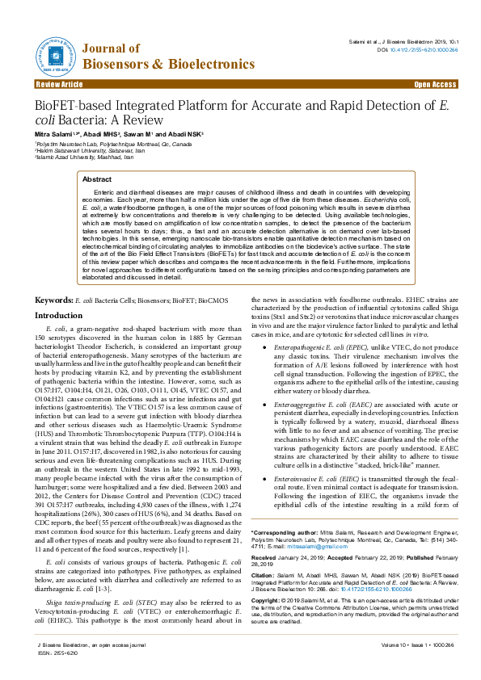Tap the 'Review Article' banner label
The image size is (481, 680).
pos(59,84)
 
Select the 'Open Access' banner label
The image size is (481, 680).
pos(435,84)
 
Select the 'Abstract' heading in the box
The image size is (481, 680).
pos(97,179)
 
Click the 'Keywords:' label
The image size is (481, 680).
pos(53,277)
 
